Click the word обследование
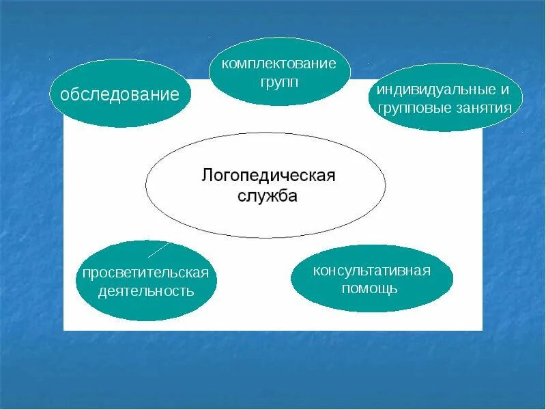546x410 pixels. tap(119, 94)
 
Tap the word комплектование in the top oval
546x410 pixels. tap(279, 64)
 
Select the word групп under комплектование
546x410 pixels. tap(279, 81)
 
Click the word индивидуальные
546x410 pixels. tap(437, 90)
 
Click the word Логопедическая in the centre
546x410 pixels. tap(268, 176)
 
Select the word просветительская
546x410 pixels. tap(145, 273)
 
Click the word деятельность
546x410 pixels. tap(146, 291)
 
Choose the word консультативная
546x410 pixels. tap(372, 271)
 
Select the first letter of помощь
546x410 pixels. tap(345, 288)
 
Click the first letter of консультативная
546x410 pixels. tap(316, 271)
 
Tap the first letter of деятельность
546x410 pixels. tap(102, 292)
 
